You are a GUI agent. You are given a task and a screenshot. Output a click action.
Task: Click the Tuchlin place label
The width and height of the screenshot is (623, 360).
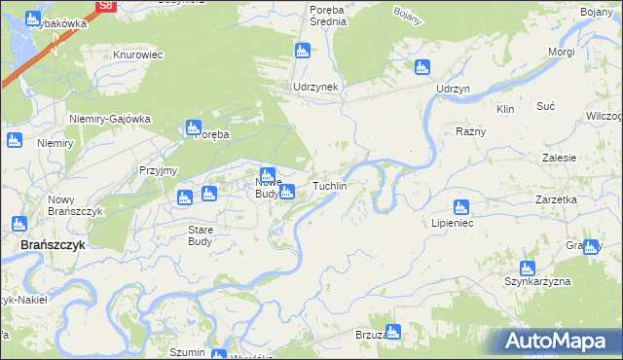click(x=329, y=185)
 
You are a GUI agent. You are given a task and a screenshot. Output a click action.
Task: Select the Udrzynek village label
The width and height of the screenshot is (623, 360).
click(x=315, y=87)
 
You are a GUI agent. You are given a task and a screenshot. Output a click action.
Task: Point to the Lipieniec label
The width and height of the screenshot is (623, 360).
click(x=452, y=223)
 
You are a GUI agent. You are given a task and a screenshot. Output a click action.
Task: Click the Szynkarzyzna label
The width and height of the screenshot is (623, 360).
click(x=536, y=281)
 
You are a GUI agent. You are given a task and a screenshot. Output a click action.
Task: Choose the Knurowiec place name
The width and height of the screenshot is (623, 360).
click(x=137, y=55)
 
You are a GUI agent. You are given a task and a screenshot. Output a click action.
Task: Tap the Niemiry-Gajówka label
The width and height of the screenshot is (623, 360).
click(x=110, y=119)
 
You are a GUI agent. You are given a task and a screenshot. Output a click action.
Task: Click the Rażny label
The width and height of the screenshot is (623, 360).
click(x=471, y=130)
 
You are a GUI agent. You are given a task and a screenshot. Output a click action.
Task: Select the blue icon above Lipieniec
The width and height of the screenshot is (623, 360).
click(x=461, y=206)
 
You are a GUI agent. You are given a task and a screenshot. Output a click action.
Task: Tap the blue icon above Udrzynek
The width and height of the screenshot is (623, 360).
click(x=302, y=51)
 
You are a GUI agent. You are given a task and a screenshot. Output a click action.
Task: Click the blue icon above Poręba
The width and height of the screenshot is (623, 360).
click(x=193, y=127)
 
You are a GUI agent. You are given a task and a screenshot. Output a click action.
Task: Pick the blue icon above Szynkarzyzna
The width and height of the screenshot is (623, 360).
click(x=528, y=268)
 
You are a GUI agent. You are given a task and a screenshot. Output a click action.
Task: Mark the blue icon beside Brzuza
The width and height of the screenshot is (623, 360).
click(x=393, y=332)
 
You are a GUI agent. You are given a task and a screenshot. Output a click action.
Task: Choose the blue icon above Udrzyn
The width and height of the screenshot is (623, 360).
click(x=421, y=68)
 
